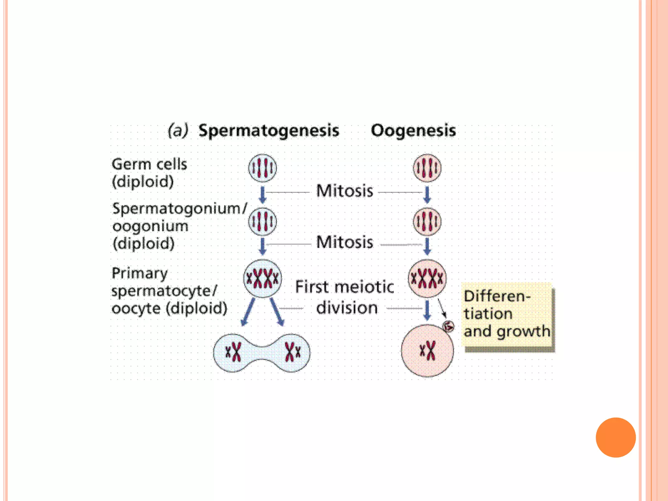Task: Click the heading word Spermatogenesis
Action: [269, 130]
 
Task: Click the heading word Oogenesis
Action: [413, 130]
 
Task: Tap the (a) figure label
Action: [178, 130]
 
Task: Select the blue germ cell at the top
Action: [263, 168]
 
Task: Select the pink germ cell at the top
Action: [427, 168]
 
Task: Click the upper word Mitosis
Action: [344, 191]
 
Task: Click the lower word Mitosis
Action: [344, 242]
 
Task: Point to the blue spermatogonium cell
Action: [263, 221]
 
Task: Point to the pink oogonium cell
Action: [427, 221]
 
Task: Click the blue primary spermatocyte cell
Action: [263, 279]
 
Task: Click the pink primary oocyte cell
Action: [427, 279]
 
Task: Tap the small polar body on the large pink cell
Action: [448, 326]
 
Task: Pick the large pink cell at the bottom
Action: [427, 351]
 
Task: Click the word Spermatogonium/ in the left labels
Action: [180, 208]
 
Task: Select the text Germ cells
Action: [149, 164]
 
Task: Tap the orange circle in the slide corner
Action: [615, 437]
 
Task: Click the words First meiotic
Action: [344, 287]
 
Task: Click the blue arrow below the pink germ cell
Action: [427, 194]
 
